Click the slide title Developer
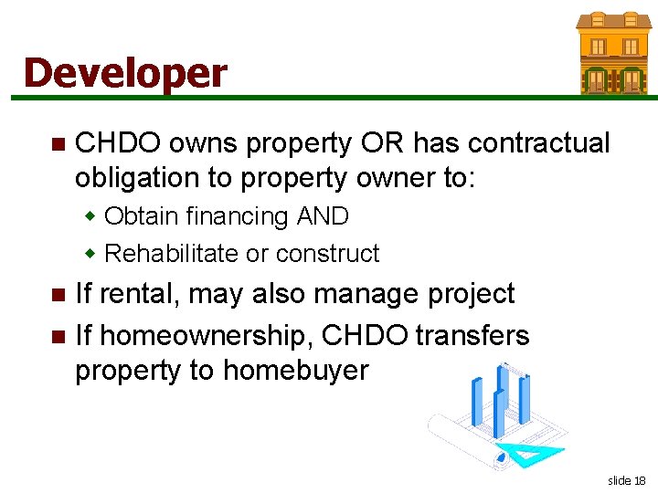coord(125,73)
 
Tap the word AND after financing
coord(323,216)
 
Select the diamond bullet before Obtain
coord(90,217)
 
